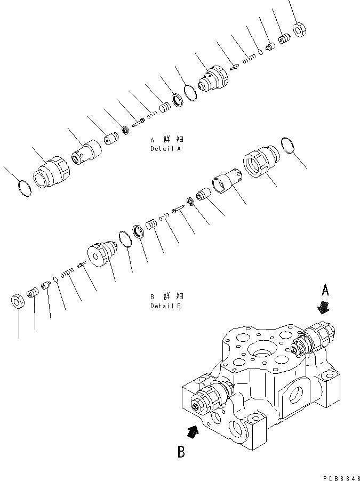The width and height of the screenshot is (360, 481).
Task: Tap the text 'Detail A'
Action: (x=165, y=149)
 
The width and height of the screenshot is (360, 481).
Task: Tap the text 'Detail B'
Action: (x=165, y=306)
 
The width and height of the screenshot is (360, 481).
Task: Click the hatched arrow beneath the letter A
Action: (x=323, y=308)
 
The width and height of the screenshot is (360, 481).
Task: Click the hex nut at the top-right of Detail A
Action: (x=300, y=30)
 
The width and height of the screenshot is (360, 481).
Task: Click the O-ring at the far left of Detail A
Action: (x=23, y=188)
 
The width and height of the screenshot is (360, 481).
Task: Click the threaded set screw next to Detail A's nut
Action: (x=284, y=39)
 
